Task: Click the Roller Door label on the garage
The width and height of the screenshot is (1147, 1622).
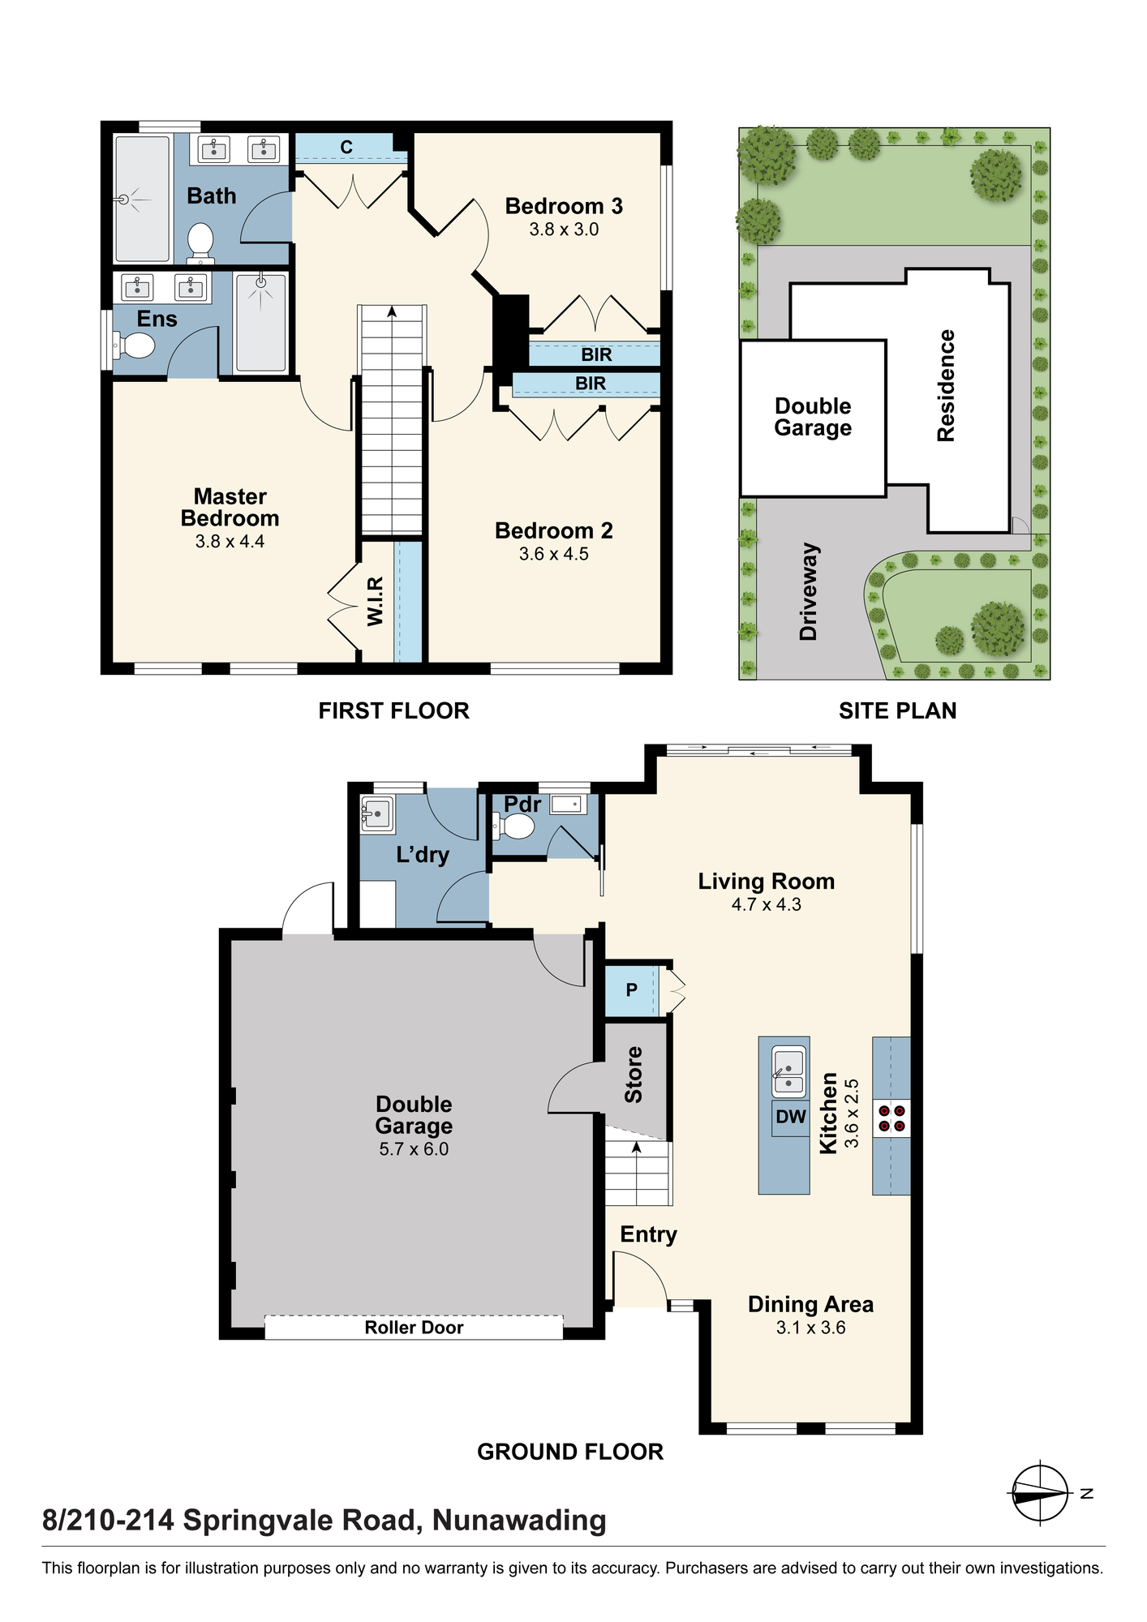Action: click(x=414, y=1328)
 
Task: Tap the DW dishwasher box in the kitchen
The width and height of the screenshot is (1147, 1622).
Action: click(x=790, y=1117)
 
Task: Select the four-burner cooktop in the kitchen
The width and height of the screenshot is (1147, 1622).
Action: click(x=891, y=1118)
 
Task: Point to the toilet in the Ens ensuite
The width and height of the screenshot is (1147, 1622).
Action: click(x=134, y=346)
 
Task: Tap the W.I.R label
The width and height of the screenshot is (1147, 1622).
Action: click(x=375, y=602)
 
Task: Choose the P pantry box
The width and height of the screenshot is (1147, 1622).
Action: click(x=632, y=990)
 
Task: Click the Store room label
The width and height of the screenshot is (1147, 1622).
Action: click(x=634, y=1075)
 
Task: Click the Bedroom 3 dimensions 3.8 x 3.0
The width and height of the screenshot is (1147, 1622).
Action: click(x=564, y=230)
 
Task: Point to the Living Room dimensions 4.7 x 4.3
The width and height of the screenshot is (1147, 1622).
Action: click(x=766, y=904)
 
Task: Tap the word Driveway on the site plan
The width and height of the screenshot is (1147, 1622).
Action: click(x=809, y=591)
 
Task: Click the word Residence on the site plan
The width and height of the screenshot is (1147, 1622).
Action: click(x=946, y=385)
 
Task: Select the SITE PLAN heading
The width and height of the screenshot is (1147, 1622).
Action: click(x=897, y=710)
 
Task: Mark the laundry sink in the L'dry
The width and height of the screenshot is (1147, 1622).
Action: click(x=377, y=814)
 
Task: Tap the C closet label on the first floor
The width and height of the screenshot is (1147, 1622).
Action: click(x=346, y=147)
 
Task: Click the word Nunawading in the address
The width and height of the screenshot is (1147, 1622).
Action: click(x=519, y=1520)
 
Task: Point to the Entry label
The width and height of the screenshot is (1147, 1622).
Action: click(x=648, y=1235)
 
